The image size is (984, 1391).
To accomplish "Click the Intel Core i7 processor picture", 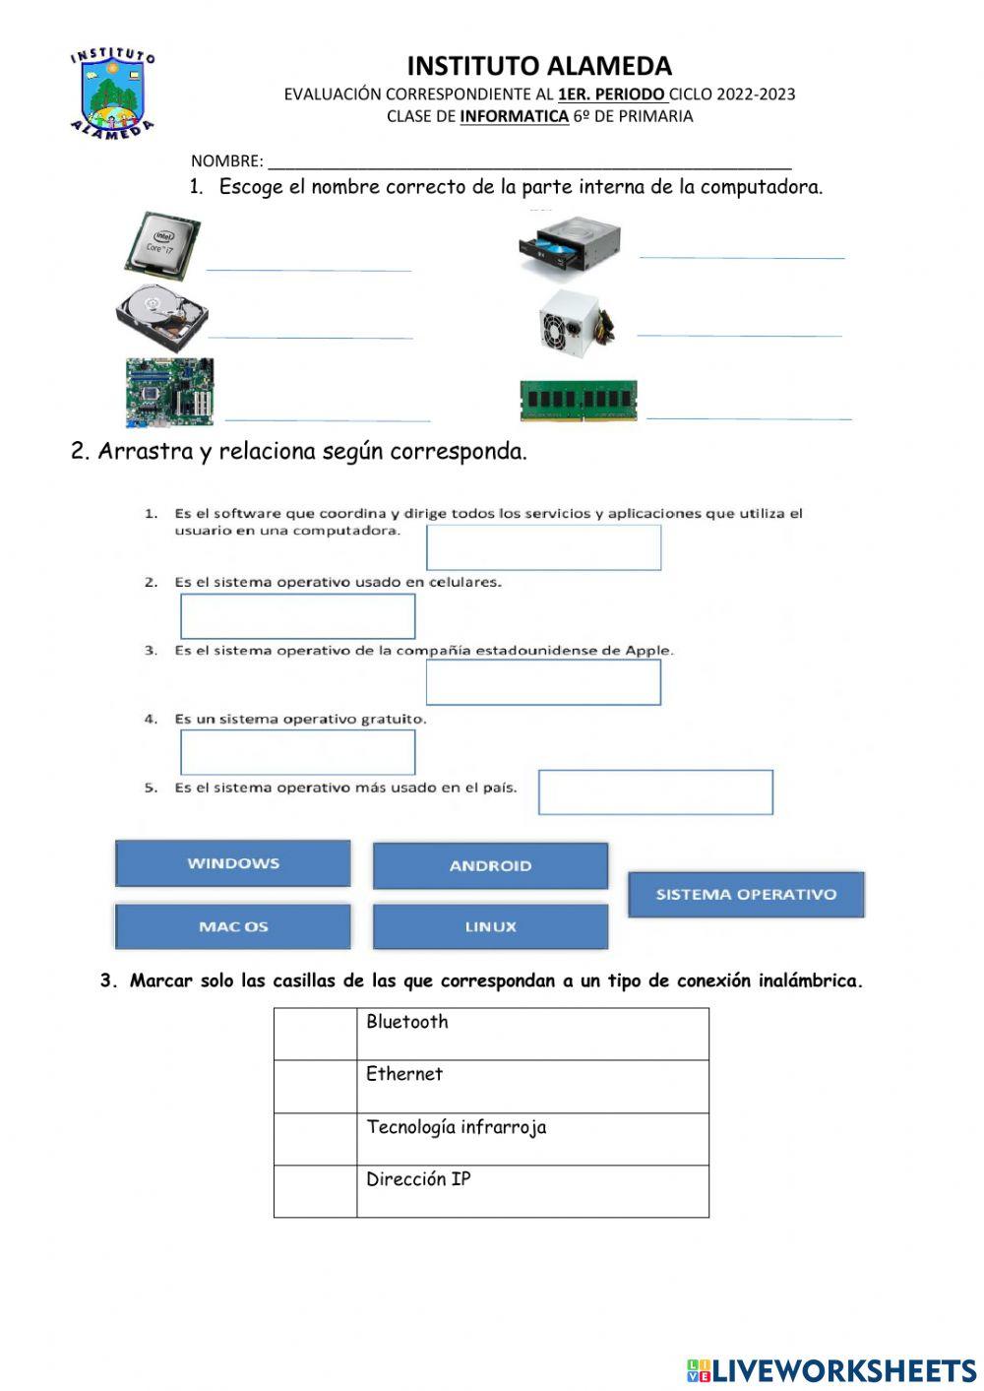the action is coord(162,244).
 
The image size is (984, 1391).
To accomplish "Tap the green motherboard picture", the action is coord(169,392).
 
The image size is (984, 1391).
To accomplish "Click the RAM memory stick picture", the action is coord(579,401).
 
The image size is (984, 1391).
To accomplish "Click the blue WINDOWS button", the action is coord(233,863).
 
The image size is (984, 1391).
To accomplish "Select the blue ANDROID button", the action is coord(490,865).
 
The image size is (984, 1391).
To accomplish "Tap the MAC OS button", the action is coord(233,926).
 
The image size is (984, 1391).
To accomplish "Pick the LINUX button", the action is coord(490,926).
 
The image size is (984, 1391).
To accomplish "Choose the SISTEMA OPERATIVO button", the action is coord(746,894).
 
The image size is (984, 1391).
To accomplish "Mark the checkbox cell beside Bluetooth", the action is coord(315,1034).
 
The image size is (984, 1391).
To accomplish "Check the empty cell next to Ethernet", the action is coord(315,1086).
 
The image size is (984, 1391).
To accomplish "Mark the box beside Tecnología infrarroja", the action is coord(315,1139).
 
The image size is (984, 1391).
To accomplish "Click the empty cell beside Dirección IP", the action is coord(315,1191).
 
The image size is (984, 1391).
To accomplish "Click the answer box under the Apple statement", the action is coord(543,682).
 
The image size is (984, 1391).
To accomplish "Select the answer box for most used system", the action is coord(655,792).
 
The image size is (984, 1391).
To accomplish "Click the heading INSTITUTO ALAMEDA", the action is coord(539,66).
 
